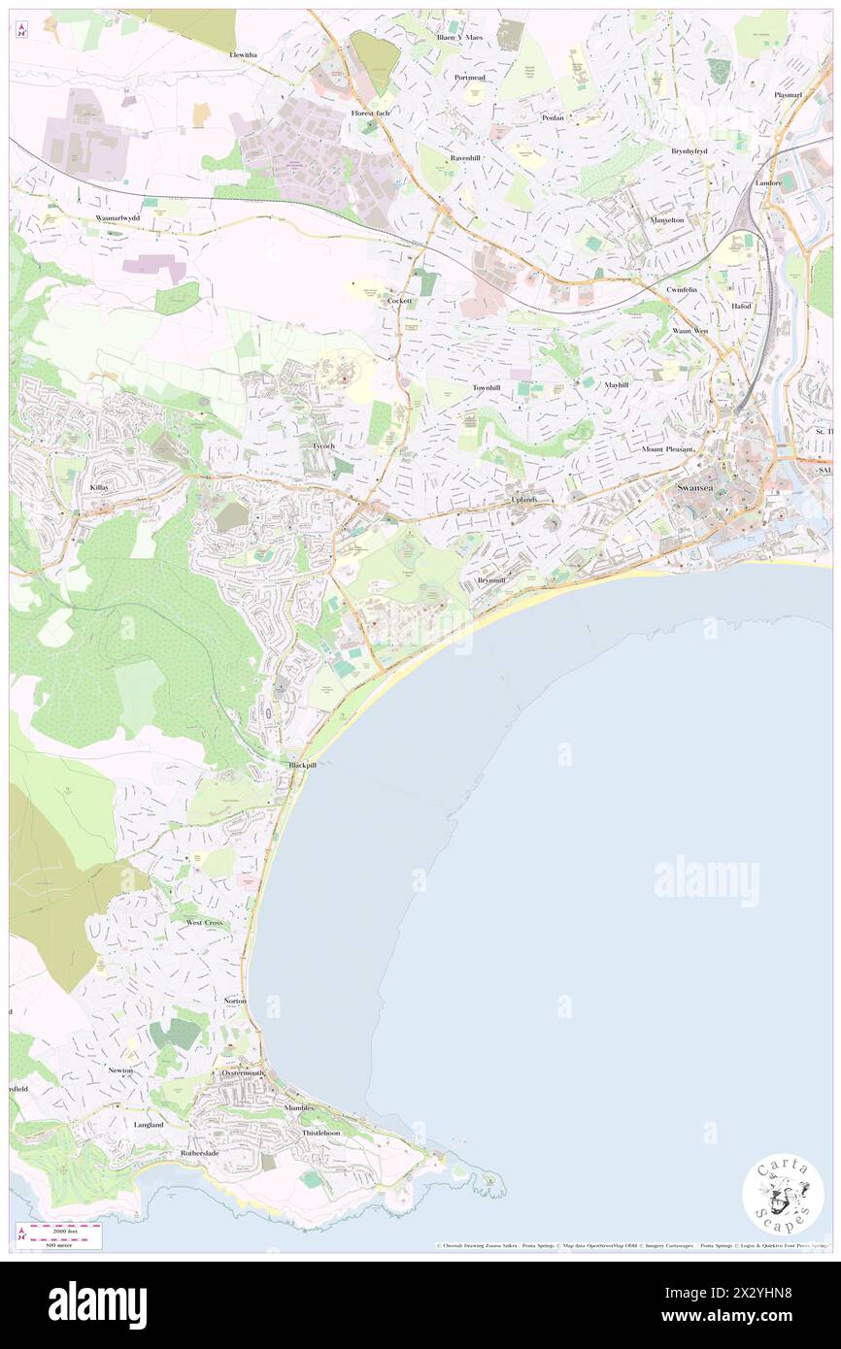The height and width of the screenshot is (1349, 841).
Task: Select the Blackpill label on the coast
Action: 302,765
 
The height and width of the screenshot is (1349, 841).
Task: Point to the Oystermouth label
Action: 243,1073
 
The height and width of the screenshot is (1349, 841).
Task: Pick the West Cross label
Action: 205,922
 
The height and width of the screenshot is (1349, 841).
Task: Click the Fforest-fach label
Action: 370,114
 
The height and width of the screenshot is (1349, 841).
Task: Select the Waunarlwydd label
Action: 118,218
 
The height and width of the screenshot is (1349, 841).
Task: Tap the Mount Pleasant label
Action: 666,450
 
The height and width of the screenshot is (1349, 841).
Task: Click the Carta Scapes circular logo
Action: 783,1195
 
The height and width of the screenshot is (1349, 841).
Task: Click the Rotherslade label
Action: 202,1153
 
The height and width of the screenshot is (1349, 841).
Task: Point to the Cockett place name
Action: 400,301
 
